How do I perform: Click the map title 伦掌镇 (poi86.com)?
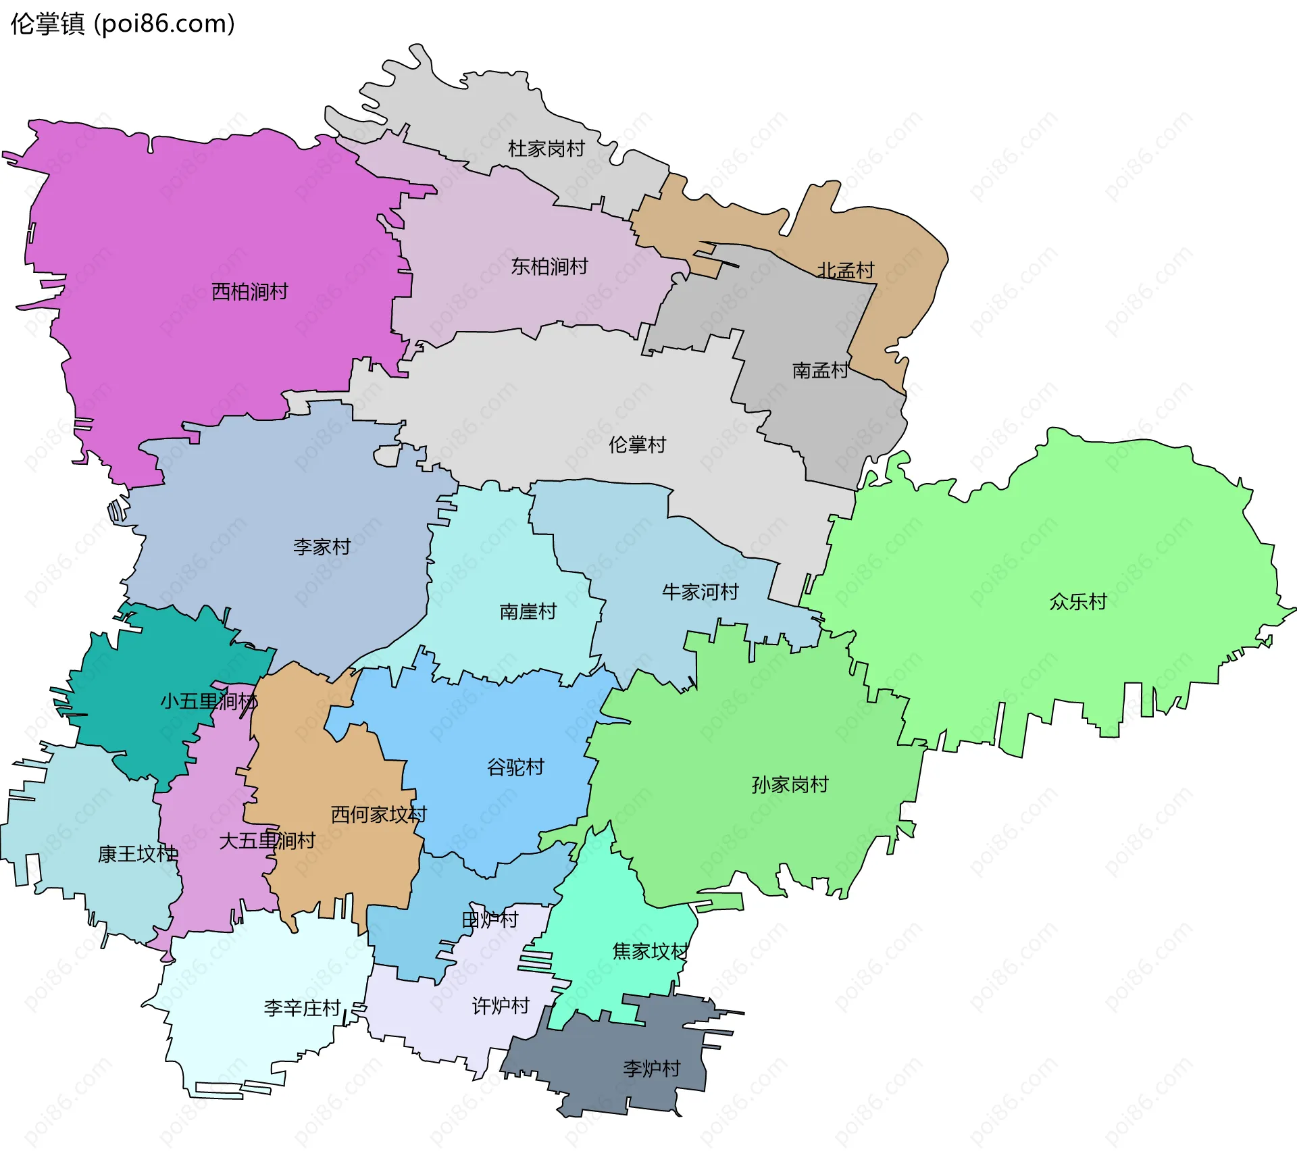(x=122, y=24)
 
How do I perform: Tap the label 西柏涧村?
(x=250, y=292)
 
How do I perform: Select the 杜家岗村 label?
(x=546, y=149)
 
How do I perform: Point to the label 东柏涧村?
(x=549, y=266)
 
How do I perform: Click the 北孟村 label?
(x=846, y=270)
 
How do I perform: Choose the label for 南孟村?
(x=820, y=370)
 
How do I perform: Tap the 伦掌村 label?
(x=637, y=445)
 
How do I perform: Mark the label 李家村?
(x=322, y=547)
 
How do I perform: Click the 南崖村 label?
(x=528, y=611)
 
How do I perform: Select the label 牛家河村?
(x=701, y=592)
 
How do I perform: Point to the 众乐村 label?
(x=1078, y=601)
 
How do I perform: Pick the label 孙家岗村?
(x=790, y=784)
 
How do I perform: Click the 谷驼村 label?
(x=515, y=767)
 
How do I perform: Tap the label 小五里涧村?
(x=209, y=701)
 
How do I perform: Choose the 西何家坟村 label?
(x=378, y=814)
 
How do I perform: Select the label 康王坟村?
(x=138, y=854)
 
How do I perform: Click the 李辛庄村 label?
(x=302, y=1008)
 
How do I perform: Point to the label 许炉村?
(x=501, y=1006)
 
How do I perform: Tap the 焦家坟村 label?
(x=650, y=951)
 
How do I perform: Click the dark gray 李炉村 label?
(x=651, y=1068)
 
